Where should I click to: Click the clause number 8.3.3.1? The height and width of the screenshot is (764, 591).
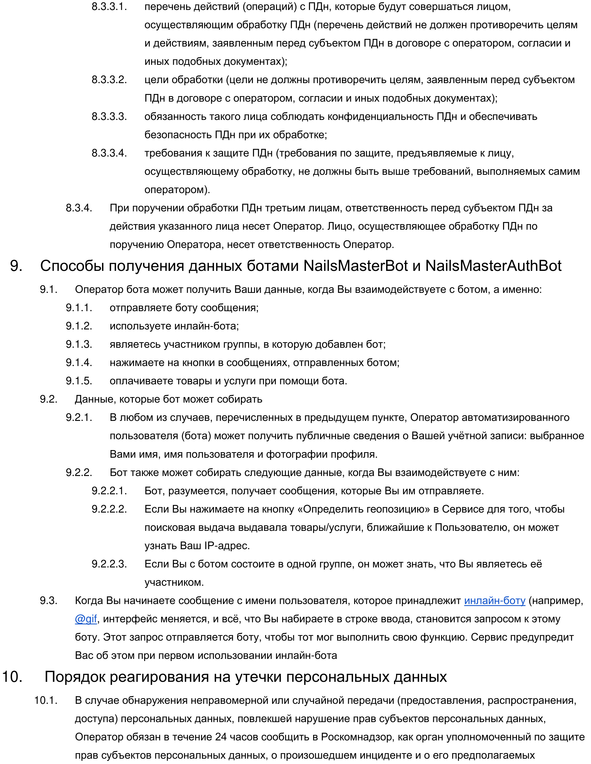[x=109, y=7]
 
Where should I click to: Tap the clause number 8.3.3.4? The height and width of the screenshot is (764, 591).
[x=109, y=153]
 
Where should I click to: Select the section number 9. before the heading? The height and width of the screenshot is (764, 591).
[x=16, y=266]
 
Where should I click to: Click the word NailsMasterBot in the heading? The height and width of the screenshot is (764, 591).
[x=355, y=266]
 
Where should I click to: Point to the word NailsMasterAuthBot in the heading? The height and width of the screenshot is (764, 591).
[x=493, y=266]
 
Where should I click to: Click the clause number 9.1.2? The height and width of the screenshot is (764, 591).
[x=79, y=326]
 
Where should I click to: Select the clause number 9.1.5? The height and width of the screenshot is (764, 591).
[x=79, y=381]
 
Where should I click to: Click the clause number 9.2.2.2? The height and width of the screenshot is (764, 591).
[x=109, y=509]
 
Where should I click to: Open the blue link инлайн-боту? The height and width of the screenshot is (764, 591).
[x=494, y=601]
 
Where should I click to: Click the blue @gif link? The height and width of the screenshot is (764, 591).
[x=86, y=619]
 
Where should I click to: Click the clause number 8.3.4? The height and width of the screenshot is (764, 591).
[x=79, y=208]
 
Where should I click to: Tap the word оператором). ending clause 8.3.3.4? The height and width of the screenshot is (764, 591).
[x=177, y=190]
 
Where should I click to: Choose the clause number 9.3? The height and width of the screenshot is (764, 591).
[x=48, y=601]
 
